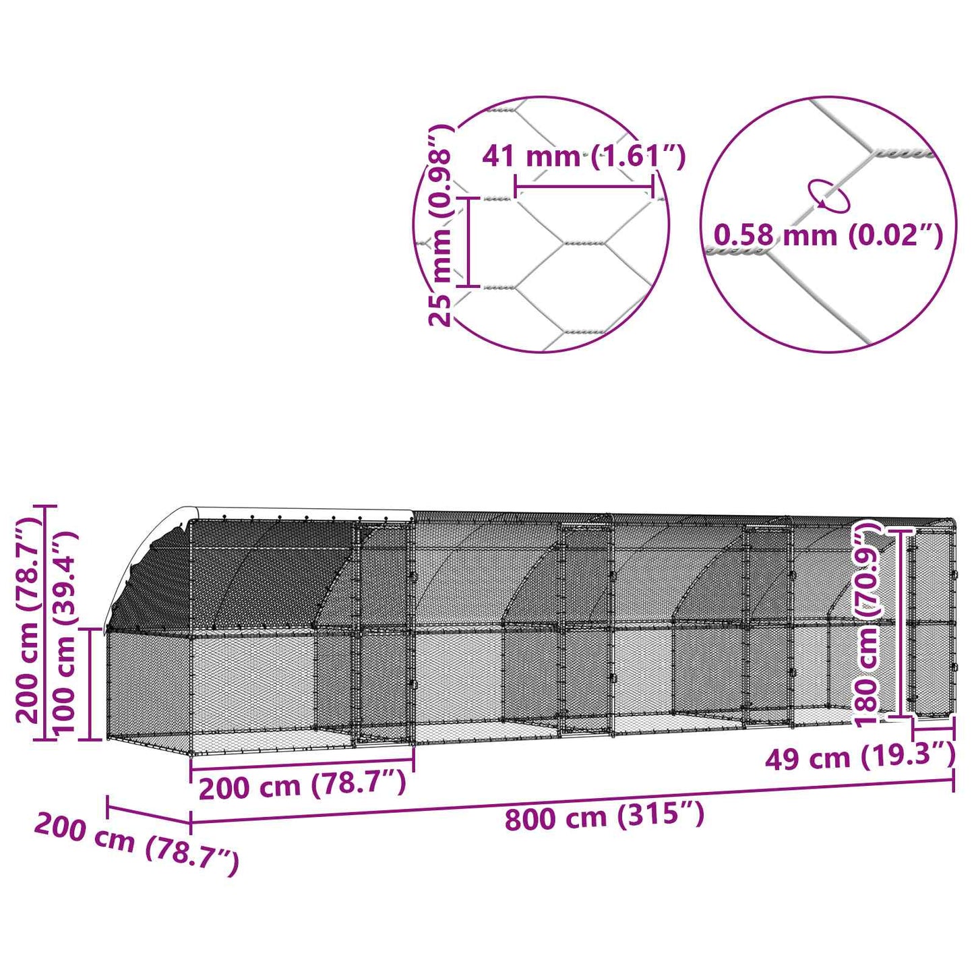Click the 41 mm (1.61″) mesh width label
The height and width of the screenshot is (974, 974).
coord(583,156)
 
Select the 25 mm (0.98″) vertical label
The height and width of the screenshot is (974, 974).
coord(441,226)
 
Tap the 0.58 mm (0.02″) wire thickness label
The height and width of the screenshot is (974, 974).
coord(828,235)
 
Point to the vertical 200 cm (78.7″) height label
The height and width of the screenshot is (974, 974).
coord(28,620)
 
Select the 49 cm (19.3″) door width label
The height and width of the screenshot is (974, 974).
coord(859,758)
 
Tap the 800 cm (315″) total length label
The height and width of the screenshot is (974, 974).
coord(605,817)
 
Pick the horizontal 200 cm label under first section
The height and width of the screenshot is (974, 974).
coord(303,786)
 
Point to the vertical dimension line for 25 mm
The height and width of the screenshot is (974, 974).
coord(470,243)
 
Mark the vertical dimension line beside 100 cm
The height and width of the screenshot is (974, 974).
coord(90,683)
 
